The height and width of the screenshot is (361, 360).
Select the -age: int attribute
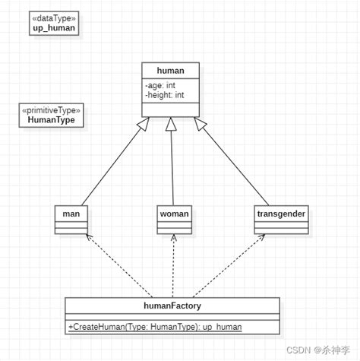[x=160, y=84]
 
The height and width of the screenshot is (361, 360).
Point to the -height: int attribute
[x=165, y=95]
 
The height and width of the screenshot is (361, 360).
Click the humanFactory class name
[x=172, y=306]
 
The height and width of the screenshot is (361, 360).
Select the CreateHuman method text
[x=155, y=327]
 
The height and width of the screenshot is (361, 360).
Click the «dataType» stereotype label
[x=54, y=17]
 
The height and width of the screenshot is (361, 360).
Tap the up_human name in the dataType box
[x=54, y=28]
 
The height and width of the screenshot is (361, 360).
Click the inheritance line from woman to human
[x=172, y=163]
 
